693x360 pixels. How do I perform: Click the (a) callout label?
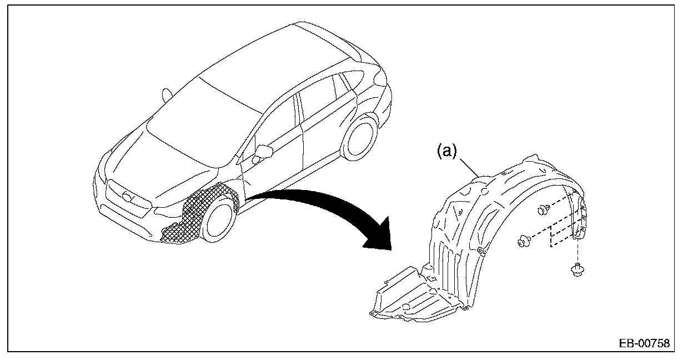point(446,151)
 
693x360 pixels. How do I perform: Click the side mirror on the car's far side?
point(166,94)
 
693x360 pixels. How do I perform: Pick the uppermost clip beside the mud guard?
point(544,210)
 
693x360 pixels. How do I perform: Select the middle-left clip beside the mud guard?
point(523,241)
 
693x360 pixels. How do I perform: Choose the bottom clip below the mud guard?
point(577,271)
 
